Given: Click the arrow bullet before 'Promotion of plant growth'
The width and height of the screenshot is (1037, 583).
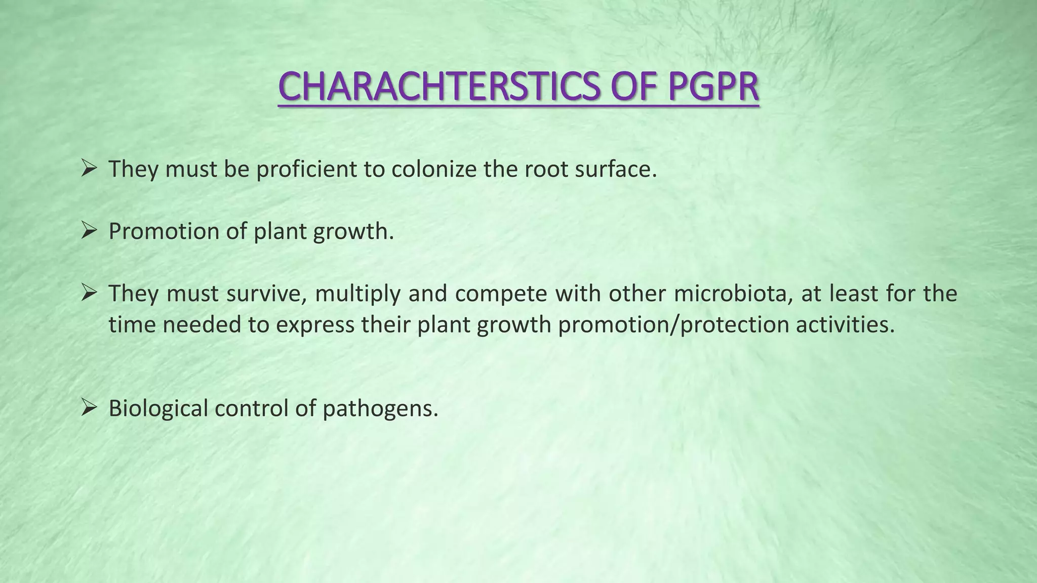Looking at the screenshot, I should [89, 231].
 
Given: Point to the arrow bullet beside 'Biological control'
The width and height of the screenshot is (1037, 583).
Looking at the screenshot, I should [89, 408].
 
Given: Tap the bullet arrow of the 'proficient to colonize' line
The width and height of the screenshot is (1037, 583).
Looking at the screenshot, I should [89, 169].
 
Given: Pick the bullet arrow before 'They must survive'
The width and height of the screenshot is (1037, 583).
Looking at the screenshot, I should [89, 294].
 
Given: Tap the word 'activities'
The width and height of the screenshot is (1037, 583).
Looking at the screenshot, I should [845, 324].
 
